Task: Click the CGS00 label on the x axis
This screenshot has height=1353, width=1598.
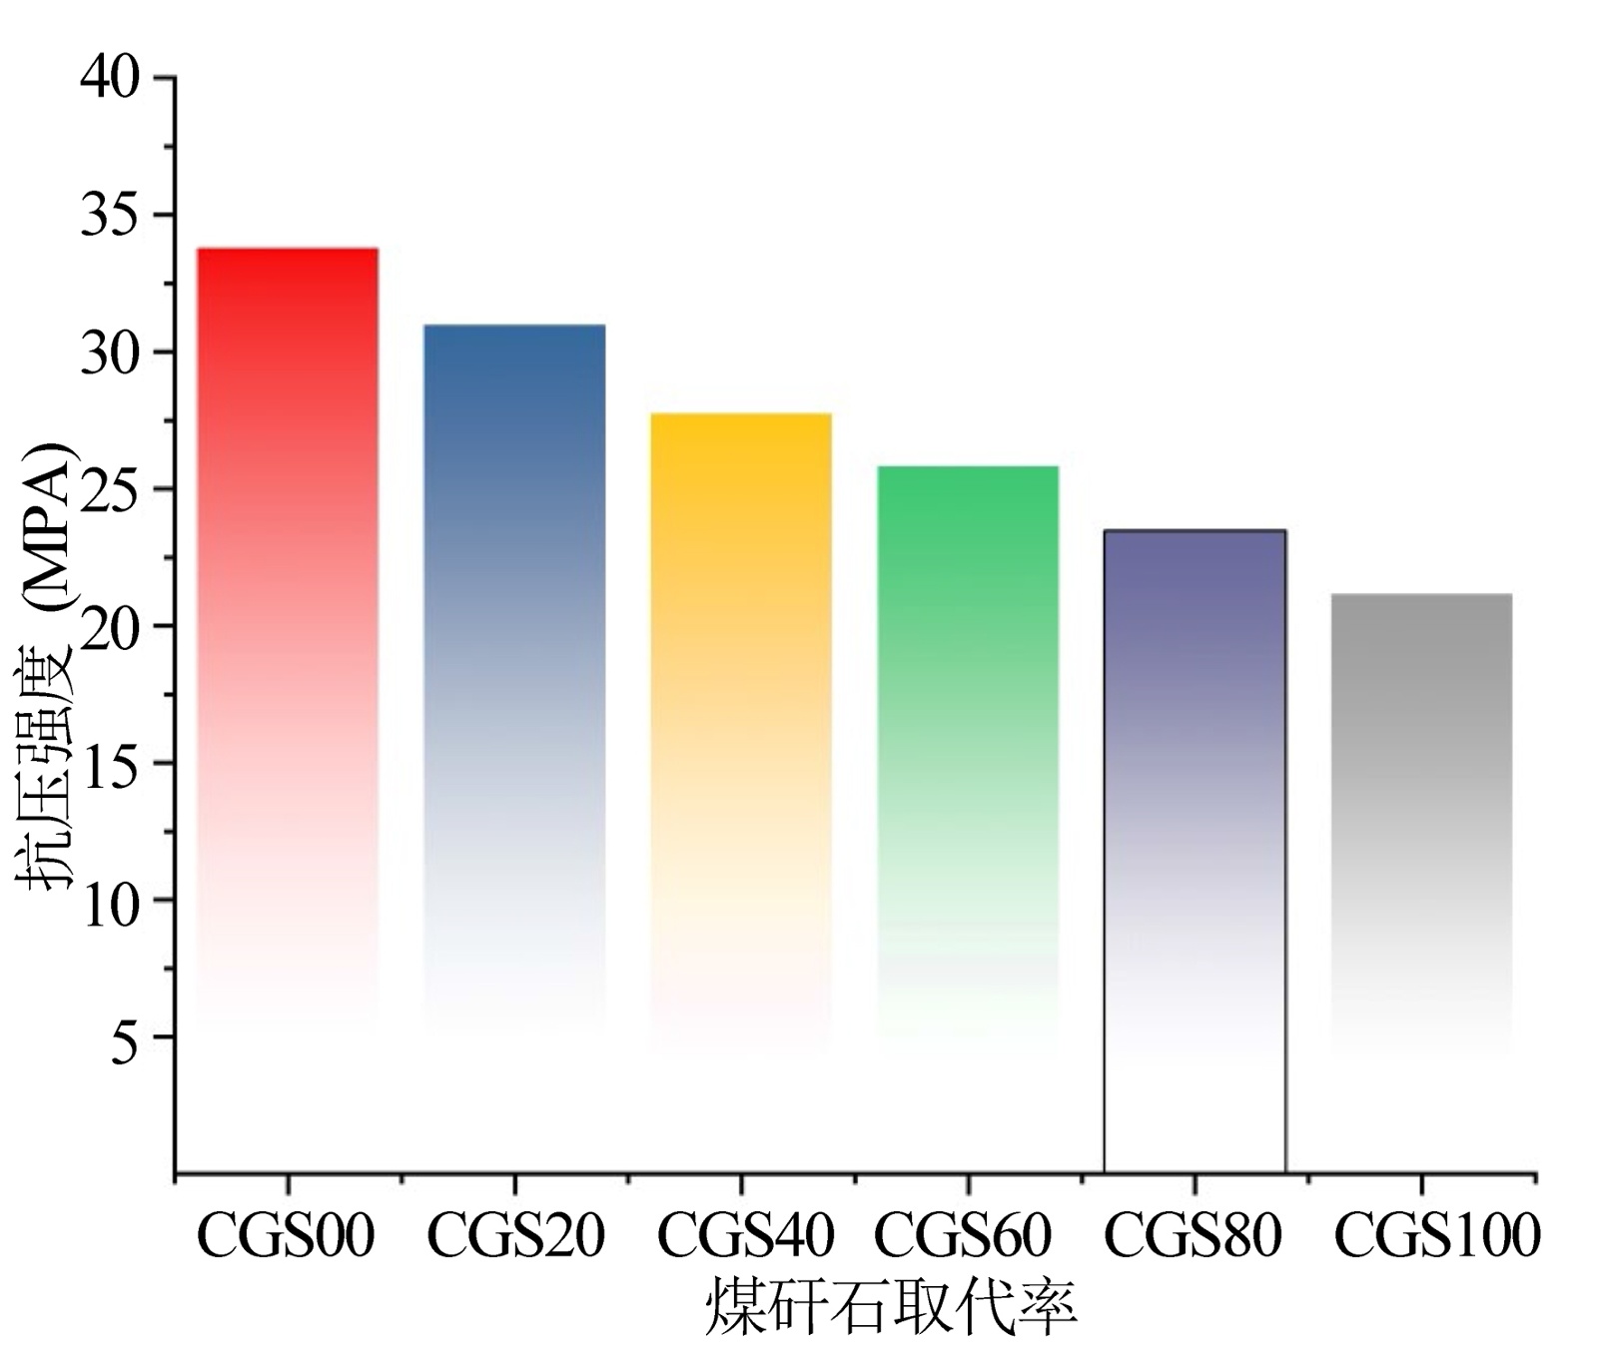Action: pos(286,1235)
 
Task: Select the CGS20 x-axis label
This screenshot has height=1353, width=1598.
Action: pos(515,1235)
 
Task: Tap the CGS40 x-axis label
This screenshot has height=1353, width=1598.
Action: pos(744,1235)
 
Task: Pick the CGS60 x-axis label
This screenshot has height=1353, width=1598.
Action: pos(963,1235)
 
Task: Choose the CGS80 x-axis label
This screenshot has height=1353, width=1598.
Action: pos(1192,1235)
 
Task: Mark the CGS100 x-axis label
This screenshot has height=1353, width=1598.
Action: pos(1436,1235)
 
